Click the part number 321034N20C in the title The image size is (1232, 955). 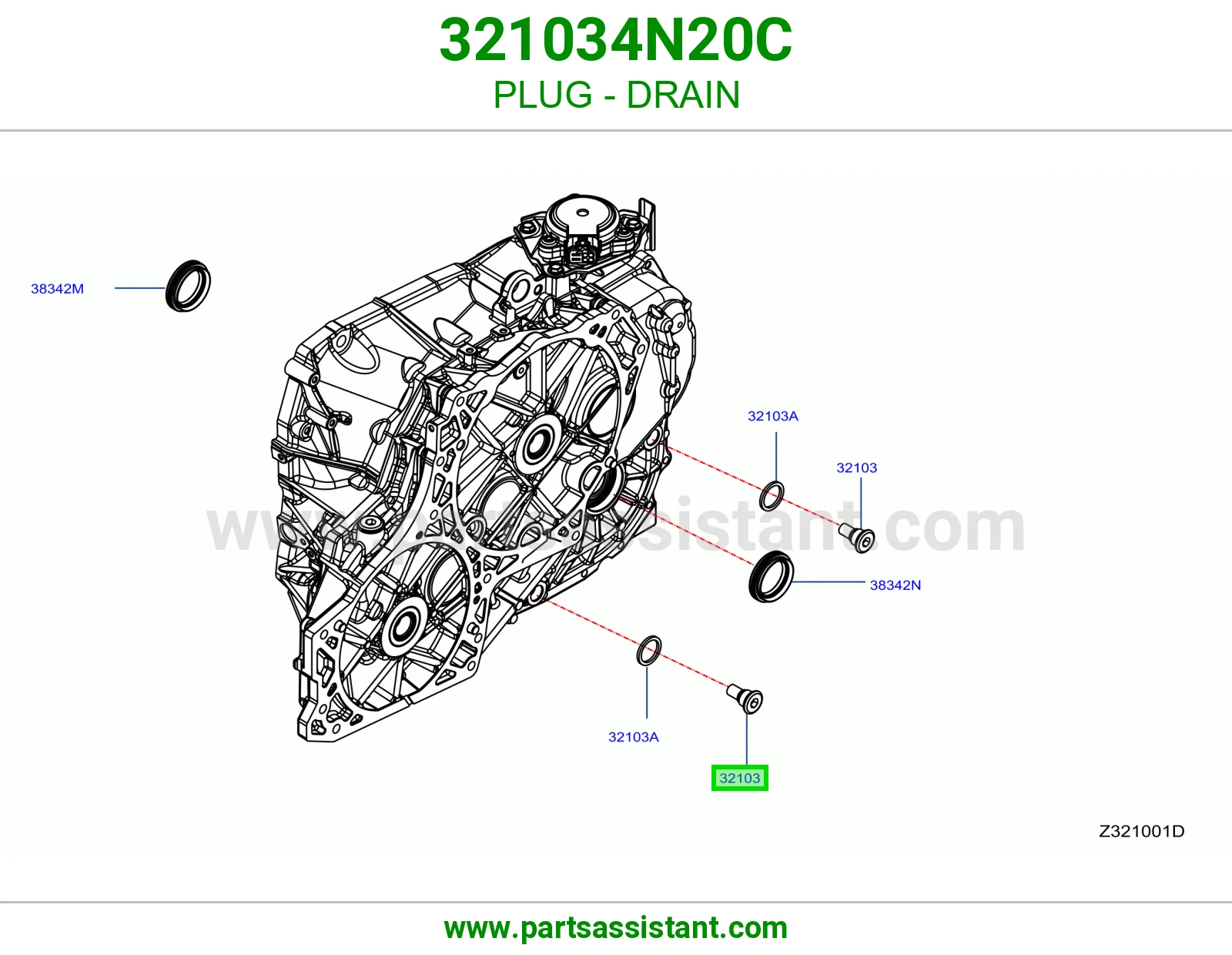(x=616, y=40)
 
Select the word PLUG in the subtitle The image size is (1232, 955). (x=543, y=95)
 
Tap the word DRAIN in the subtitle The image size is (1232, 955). (x=683, y=95)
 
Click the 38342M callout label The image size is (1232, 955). (x=57, y=289)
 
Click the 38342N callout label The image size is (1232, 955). (x=896, y=585)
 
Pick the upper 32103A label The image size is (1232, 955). (x=773, y=416)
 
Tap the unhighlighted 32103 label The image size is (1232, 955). (x=857, y=467)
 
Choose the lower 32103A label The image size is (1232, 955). (x=633, y=737)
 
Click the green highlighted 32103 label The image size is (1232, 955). (x=740, y=778)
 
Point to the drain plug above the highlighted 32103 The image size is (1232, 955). (x=745, y=699)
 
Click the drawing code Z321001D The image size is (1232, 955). (x=1141, y=831)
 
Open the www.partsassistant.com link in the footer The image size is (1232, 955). (x=616, y=928)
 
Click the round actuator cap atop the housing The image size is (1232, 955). (x=582, y=214)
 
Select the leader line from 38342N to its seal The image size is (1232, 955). (x=829, y=581)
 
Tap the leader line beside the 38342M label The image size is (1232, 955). (x=140, y=288)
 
